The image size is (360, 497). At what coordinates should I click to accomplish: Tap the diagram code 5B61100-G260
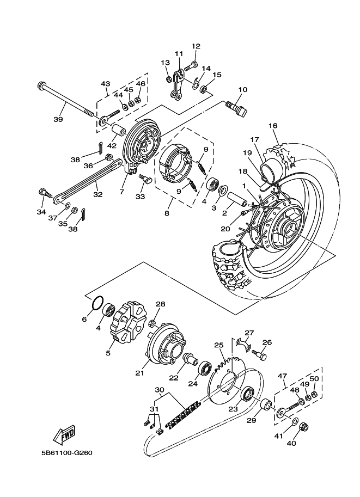(x=66, y=453)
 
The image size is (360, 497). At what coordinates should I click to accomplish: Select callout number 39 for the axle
(x=58, y=120)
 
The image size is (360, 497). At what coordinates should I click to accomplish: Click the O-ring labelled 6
(x=97, y=302)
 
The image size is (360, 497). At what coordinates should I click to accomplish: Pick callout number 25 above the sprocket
(x=219, y=345)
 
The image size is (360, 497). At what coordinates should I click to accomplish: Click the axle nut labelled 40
(x=303, y=428)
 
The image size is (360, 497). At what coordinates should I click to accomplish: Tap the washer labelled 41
(x=294, y=422)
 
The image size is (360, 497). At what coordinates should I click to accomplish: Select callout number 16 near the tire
(x=273, y=126)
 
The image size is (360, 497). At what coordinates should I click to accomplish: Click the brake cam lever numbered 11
(x=176, y=83)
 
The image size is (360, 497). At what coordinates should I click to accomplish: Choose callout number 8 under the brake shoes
(x=167, y=213)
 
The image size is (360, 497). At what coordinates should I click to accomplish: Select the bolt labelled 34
(x=45, y=193)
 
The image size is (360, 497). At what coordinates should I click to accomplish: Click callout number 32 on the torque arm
(x=98, y=194)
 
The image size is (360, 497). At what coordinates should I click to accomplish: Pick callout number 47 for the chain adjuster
(x=282, y=376)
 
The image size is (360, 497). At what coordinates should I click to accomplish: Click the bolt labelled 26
(x=259, y=354)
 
